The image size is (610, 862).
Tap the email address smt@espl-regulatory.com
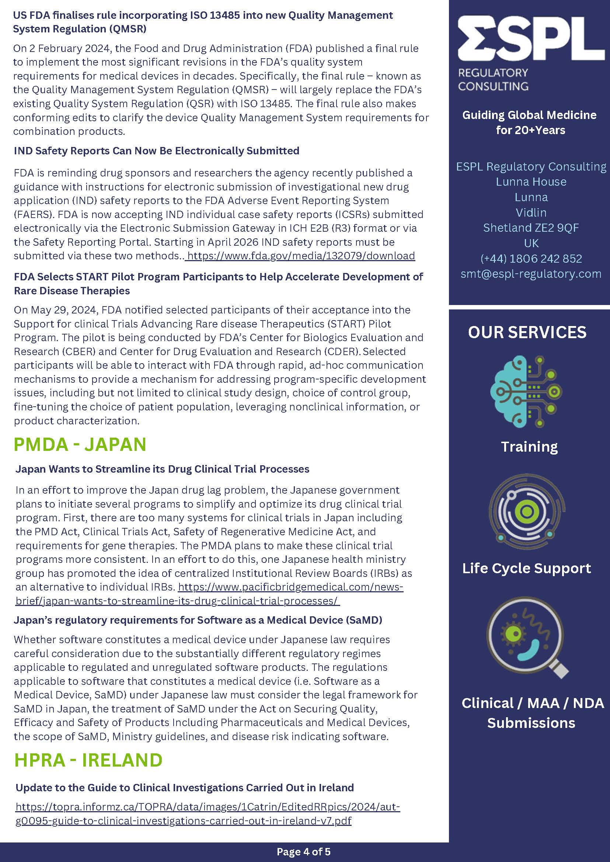pos(531,274)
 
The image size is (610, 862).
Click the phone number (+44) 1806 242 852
pos(531,258)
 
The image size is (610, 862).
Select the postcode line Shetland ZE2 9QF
pos(531,228)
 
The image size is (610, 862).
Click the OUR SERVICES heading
pos(527,332)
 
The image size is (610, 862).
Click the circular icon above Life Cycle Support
pos(527,511)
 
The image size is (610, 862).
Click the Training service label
pos(529,447)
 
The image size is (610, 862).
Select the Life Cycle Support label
pos(527,568)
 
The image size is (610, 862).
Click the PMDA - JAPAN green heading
pos(80,444)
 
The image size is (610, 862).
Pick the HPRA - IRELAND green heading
pos(88,760)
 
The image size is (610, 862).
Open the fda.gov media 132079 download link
pos(301,256)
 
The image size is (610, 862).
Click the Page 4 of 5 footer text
pos(303,851)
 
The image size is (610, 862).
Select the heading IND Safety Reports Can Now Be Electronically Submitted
pos(157,151)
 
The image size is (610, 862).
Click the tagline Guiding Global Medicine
pos(529,115)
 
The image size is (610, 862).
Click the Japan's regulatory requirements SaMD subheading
pos(198,620)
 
